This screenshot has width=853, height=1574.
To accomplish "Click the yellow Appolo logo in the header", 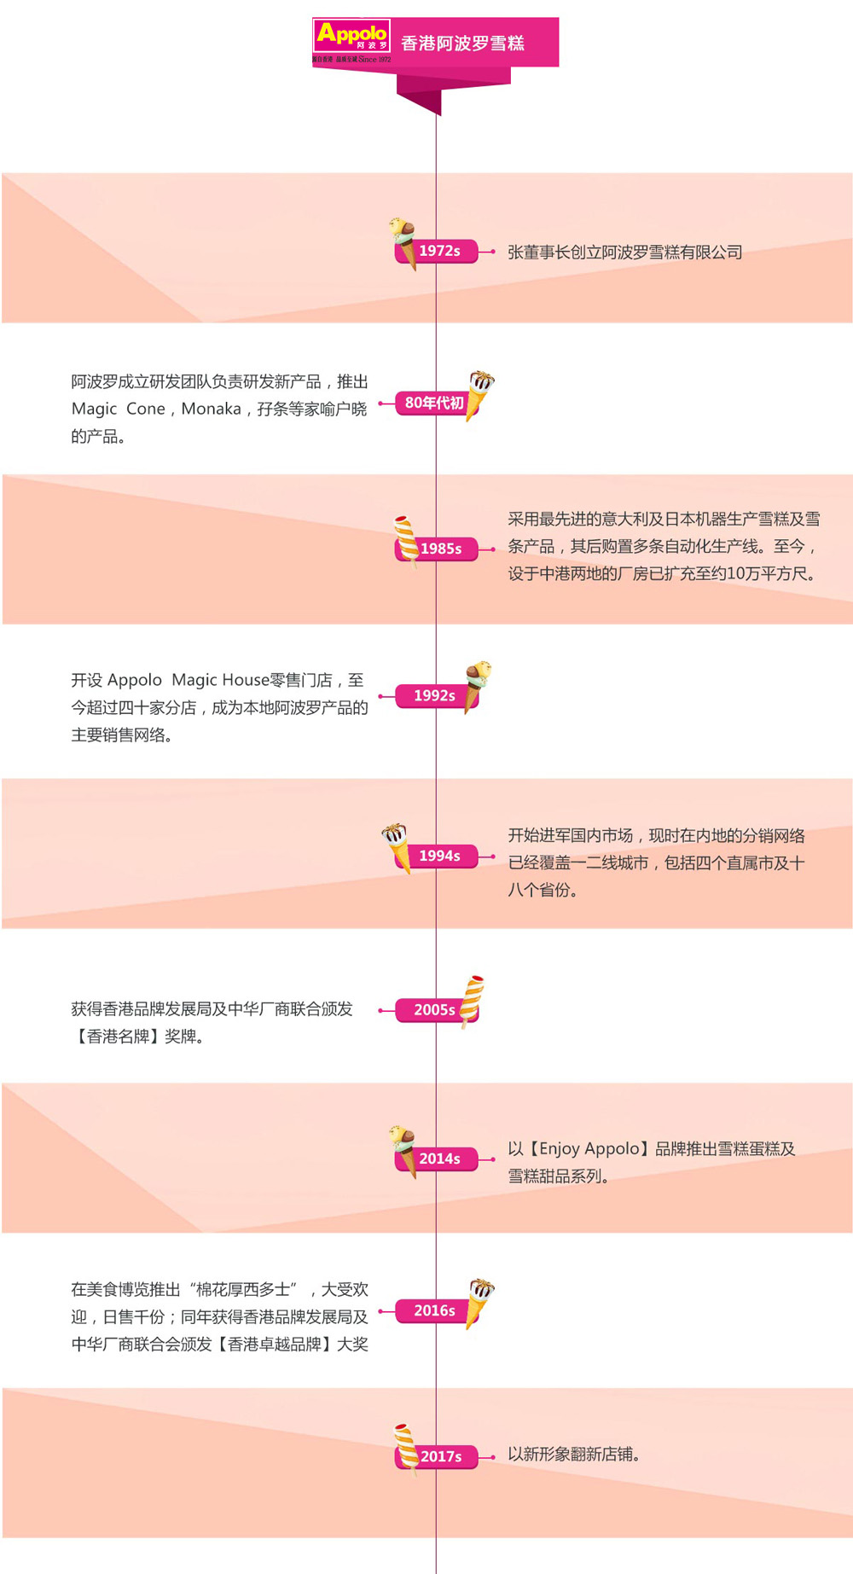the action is (x=351, y=41).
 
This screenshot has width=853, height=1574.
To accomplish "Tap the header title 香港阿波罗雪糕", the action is (x=462, y=44).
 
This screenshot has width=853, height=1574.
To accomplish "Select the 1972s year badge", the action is (x=439, y=251).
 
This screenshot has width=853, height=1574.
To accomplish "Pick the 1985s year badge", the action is (x=440, y=549).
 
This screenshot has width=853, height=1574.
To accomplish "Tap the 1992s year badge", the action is (x=434, y=696).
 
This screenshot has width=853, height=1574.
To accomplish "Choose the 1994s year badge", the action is (x=439, y=856).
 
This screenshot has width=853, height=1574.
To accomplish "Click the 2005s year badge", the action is (x=434, y=1010).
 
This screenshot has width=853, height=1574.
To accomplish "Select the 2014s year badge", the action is (x=439, y=1159).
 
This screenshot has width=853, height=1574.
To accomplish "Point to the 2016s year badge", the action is (x=434, y=1310).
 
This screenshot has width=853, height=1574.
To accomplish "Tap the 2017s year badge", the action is (x=440, y=1456).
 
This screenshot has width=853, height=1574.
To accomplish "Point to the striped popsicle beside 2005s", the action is (x=472, y=1000).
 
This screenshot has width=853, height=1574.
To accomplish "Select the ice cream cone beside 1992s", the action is (x=477, y=685).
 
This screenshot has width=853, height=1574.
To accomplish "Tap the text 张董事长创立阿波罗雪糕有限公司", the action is (x=625, y=253).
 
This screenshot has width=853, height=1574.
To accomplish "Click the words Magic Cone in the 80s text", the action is (x=119, y=409).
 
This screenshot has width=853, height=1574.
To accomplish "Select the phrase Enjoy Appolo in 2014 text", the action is (x=589, y=1148).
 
